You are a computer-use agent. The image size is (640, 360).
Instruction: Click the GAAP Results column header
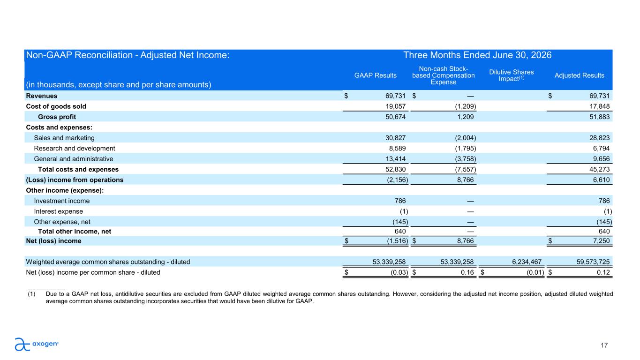pyautogui.click(x=376, y=75)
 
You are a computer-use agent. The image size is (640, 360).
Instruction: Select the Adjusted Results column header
pyautogui.click(x=579, y=75)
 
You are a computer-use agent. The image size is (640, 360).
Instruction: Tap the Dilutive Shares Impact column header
pyautogui.click(x=512, y=75)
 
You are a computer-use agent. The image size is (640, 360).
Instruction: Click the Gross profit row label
pyautogui.click(x=57, y=117)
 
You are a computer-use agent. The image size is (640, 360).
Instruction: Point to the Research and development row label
pyautogui.click(x=74, y=148)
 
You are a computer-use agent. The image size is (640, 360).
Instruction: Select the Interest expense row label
pyautogui.click(x=58, y=211)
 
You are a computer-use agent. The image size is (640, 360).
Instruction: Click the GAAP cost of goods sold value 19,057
pyautogui.click(x=395, y=106)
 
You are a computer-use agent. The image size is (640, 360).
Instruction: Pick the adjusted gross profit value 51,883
pyautogui.click(x=599, y=117)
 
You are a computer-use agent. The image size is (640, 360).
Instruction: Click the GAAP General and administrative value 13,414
pyautogui.click(x=395, y=159)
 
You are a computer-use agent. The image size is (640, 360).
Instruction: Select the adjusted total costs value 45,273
pyautogui.click(x=599, y=169)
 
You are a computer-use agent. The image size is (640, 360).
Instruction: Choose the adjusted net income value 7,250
pyautogui.click(x=601, y=241)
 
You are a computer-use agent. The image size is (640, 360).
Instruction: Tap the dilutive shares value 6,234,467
pyautogui.click(x=527, y=262)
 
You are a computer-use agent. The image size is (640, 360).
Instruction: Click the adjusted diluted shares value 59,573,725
pyautogui.click(x=593, y=262)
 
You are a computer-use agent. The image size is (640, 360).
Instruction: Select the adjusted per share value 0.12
pyautogui.click(x=603, y=272)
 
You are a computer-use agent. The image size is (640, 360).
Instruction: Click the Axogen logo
pyautogui.click(x=37, y=344)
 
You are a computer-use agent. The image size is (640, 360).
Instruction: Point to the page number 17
pyautogui.click(x=604, y=345)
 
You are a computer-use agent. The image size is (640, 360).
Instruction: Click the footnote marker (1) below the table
pyautogui.click(x=31, y=294)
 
